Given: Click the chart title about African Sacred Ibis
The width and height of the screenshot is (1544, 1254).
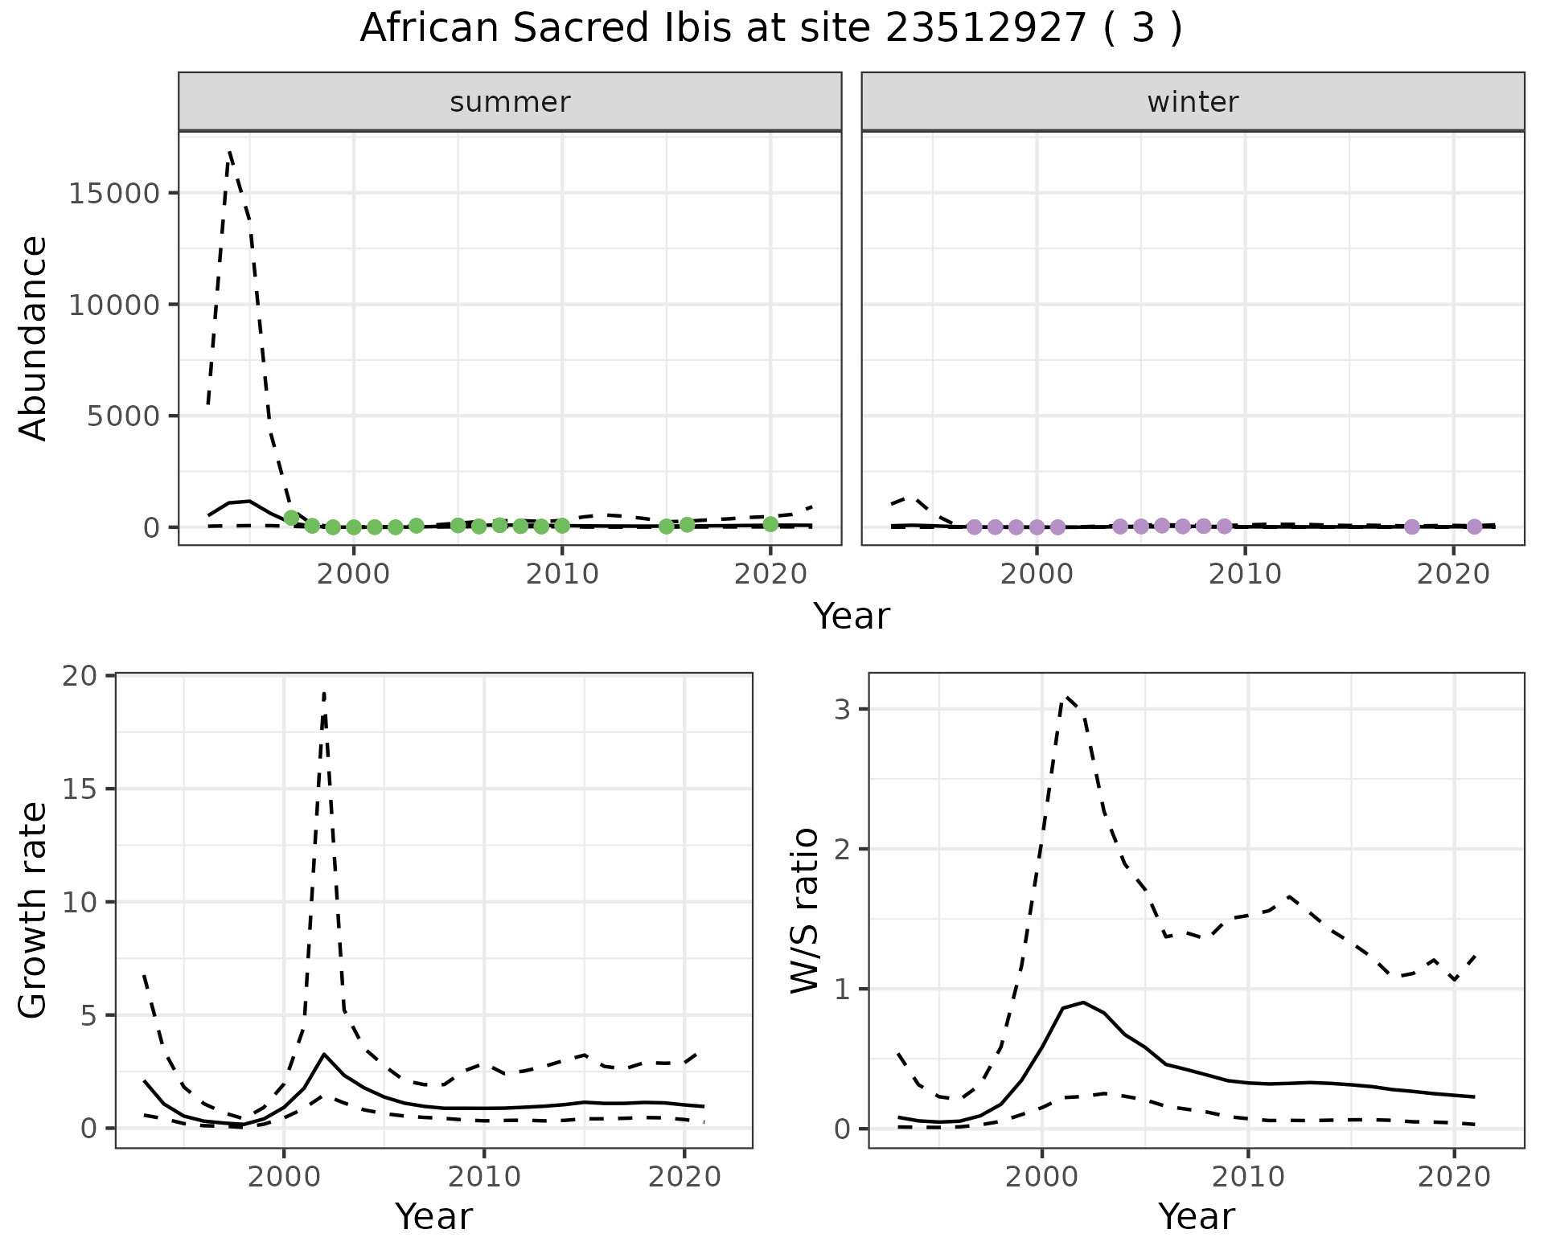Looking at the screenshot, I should coord(770,29).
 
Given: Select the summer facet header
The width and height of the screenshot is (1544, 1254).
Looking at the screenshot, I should coord(510,102).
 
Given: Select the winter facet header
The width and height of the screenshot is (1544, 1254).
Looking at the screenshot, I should coord(1193,102).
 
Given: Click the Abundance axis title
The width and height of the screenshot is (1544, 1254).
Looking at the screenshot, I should coord(34,338).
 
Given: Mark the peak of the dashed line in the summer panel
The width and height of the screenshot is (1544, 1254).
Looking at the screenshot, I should coord(230,152).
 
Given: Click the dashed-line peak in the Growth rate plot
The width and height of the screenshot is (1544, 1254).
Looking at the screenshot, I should coord(324,693).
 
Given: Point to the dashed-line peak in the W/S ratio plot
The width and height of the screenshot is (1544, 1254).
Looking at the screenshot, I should coord(1066,697).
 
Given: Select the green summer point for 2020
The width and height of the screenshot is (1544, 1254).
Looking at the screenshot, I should coord(770,524).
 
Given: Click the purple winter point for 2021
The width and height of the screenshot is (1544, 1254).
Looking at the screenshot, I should coord(1474,527).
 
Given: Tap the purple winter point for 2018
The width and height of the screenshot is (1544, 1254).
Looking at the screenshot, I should coord(1411,527).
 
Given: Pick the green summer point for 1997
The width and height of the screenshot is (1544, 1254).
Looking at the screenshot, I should coord(291,518).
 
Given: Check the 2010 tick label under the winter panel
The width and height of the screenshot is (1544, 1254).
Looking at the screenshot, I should coord(1245,574).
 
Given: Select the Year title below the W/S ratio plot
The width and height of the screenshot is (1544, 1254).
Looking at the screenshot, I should coord(1196,1217).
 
